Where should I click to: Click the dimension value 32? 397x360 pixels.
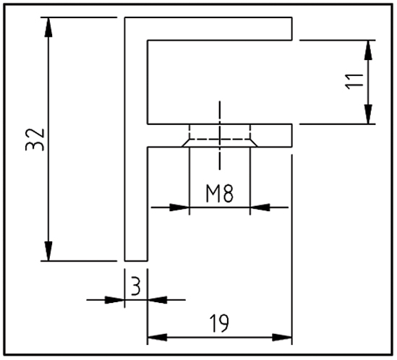tap(35, 140)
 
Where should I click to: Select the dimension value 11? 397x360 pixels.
tap(354, 82)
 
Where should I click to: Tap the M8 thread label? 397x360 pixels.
tap(220, 194)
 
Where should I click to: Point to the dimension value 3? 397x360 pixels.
tap(136, 286)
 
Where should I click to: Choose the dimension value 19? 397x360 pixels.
tap(220, 323)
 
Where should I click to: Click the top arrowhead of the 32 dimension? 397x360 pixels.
tap(48, 27)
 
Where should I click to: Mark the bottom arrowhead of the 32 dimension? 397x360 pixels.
tap(48, 251)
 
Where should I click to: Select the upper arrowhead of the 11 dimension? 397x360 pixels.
tap(368, 50)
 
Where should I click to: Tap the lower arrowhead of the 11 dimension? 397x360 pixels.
tap(368, 114)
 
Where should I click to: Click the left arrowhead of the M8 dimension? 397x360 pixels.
tap(179, 207)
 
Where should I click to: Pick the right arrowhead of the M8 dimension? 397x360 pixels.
tap(260, 207)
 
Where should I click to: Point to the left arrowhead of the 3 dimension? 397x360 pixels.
tap(115, 300)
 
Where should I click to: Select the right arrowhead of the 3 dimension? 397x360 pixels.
tap(157, 300)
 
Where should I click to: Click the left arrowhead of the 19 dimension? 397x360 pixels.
tap(157, 337)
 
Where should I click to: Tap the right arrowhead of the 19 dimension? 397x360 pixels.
tap(282, 337)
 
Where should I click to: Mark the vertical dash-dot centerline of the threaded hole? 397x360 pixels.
tap(220, 135)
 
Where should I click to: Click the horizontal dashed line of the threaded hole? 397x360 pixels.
tap(220, 139)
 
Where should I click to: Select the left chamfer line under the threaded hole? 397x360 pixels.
tap(185, 143)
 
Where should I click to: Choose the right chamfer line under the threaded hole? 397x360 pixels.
tap(254, 143)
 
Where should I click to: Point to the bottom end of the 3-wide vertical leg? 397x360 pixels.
tap(136, 260)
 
